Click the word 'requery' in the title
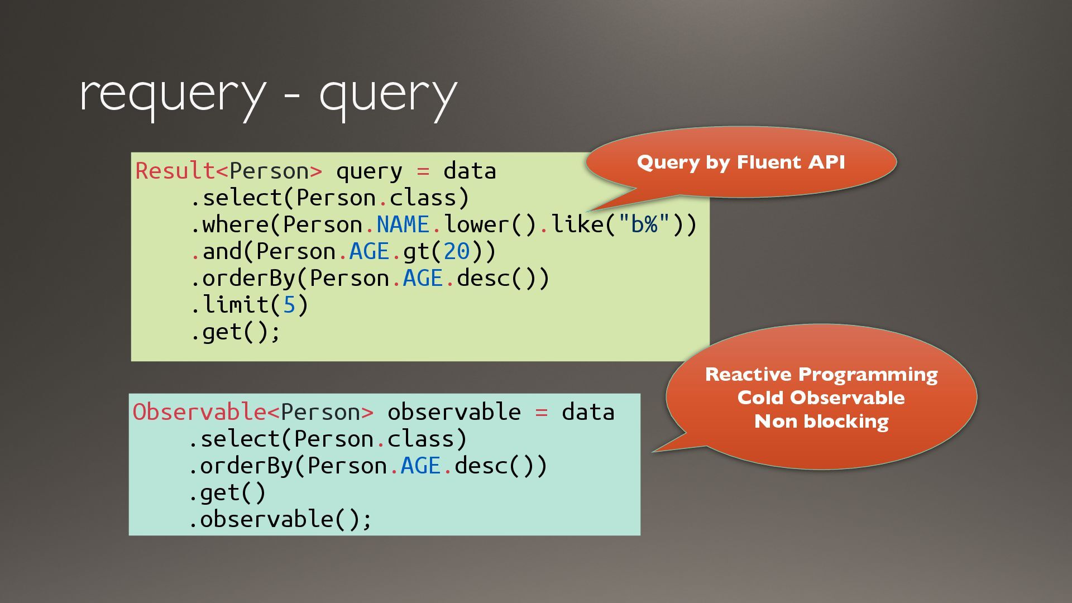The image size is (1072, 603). (x=172, y=95)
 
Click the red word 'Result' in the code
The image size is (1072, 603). (x=175, y=171)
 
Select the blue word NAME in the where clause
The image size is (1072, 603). (x=403, y=224)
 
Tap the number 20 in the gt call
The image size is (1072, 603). (x=457, y=251)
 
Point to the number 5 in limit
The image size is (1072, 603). (x=289, y=305)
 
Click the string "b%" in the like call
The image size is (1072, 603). (x=644, y=224)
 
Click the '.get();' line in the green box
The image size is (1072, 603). (x=235, y=332)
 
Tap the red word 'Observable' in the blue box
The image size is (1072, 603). (x=199, y=412)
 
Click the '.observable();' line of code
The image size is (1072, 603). (x=280, y=519)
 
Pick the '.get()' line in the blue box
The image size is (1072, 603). (x=227, y=492)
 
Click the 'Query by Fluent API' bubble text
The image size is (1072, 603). (x=741, y=162)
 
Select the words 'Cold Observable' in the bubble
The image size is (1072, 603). (x=821, y=398)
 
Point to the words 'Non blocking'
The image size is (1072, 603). (x=821, y=421)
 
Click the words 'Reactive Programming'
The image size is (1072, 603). (x=821, y=374)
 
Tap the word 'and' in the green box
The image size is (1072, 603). (x=222, y=251)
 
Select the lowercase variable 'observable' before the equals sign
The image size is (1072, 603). (x=454, y=412)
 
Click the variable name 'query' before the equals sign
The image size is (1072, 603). (x=368, y=171)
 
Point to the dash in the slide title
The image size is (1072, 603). (x=292, y=96)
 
